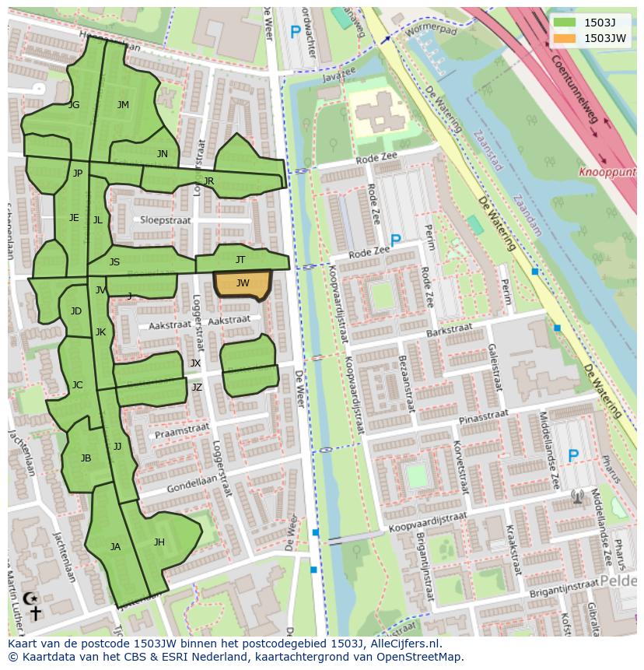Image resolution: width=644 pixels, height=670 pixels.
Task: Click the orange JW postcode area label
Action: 243,283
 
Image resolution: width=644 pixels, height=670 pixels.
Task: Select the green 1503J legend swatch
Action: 565,23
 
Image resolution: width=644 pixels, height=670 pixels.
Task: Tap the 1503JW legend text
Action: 605,37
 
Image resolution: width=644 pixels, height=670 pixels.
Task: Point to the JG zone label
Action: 74,105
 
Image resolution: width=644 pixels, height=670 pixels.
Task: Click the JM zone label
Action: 123,105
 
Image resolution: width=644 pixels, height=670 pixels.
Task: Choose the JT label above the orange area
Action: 240,260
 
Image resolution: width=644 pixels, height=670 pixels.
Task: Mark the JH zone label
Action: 159,542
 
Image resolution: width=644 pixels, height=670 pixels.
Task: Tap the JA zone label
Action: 115,547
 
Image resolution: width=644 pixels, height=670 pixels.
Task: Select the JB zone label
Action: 86,458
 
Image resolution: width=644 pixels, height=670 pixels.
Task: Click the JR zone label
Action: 208,181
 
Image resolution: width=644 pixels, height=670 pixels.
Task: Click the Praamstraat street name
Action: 182,430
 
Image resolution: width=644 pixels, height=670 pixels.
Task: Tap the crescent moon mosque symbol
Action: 30,598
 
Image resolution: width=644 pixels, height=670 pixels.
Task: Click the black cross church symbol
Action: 35,613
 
